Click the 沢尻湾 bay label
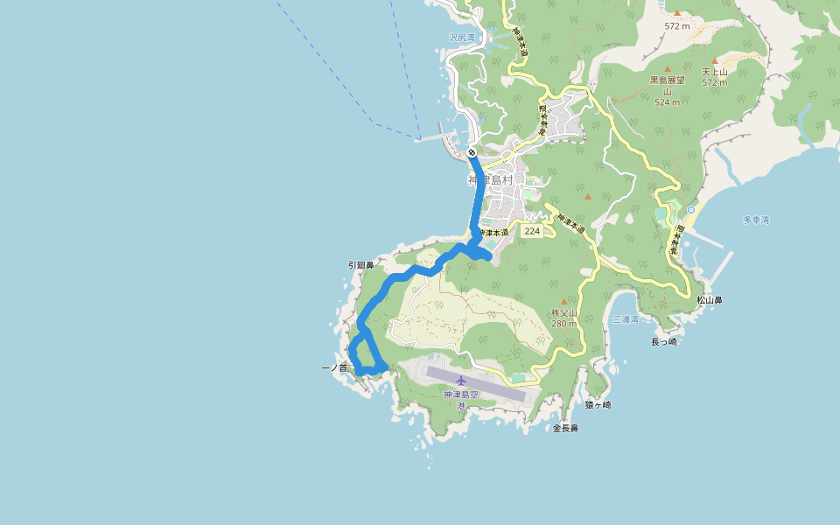(x=461, y=38)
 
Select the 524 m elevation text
(x=667, y=102)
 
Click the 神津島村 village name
(x=494, y=180)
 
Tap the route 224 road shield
(x=531, y=231)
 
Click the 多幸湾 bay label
(x=755, y=220)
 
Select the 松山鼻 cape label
(x=710, y=300)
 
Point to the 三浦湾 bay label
(x=625, y=319)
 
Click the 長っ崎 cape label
(x=664, y=341)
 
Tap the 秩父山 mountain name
(x=564, y=312)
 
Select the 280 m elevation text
(x=564, y=324)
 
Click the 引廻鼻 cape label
(x=360, y=264)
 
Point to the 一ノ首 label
(x=334, y=368)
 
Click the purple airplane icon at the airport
(x=461, y=381)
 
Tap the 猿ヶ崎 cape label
(x=598, y=405)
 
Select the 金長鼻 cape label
(x=565, y=428)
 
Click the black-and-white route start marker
(x=472, y=153)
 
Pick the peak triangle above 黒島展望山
(x=667, y=68)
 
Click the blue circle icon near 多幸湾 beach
(x=691, y=210)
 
